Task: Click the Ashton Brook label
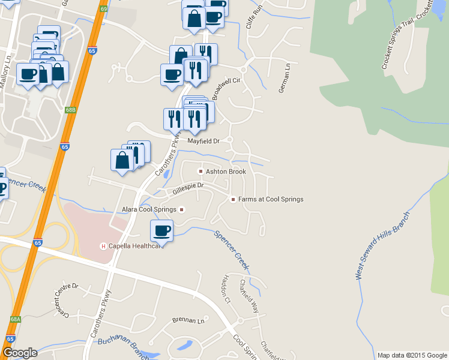[226, 172]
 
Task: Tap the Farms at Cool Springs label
[271, 199]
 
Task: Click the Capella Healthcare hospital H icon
[103, 246]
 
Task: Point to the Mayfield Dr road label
[203, 142]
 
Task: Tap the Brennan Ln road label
[188, 320]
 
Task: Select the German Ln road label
[284, 78]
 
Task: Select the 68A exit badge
[16, 320]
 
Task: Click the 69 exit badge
[104, 9]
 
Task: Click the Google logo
[20, 353]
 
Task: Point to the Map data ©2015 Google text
[411, 355]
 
